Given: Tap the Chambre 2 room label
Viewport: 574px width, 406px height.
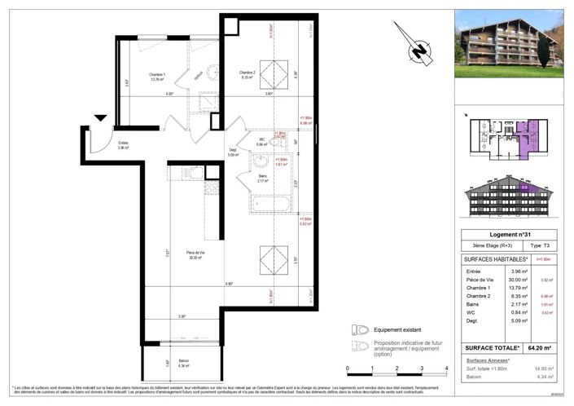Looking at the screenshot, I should pyautogui.click(x=248, y=77).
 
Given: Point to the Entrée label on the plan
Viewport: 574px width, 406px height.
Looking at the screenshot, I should pyautogui.click(x=100, y=146).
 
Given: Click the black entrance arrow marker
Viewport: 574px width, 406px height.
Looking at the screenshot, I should pyautogui.click(x=100, y=119).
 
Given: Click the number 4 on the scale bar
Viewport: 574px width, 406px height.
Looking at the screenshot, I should pyautogui.click(x=447, y=369).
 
